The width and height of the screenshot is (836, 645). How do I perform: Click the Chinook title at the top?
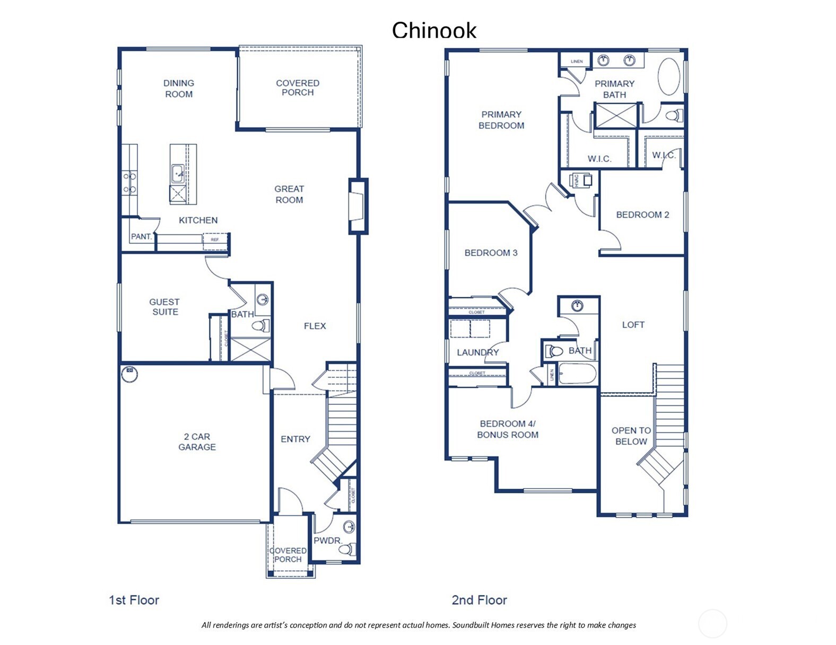(434, 30)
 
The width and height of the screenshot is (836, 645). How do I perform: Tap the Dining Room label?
(178, 89)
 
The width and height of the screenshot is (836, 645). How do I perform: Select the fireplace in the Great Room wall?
(358, 206)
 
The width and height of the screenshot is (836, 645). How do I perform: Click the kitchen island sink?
(178, 173)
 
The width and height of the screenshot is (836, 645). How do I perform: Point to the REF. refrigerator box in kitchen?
(215, 240)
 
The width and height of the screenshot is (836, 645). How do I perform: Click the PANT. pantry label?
(141, 237)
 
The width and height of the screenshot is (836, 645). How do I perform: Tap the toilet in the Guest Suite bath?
(261, 325)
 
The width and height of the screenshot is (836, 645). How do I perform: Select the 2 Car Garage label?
(197, 442)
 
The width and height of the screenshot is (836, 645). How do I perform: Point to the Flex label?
(315, 326)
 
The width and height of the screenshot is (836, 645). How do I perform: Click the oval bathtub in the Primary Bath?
(669, 77)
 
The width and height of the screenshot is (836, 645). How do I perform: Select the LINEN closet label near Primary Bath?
(577, 61)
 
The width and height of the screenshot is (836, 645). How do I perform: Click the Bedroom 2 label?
(642, 215)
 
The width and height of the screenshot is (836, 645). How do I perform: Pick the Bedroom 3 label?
(491, 253)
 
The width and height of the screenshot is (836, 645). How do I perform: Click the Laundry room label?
(477, 352)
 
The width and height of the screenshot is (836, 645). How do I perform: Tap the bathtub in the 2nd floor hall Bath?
(577, 373)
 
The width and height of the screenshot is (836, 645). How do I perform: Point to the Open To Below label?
(631, 436)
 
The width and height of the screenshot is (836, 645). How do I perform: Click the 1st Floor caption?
(134, 600)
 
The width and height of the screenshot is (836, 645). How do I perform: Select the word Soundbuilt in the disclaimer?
(470, 625)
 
